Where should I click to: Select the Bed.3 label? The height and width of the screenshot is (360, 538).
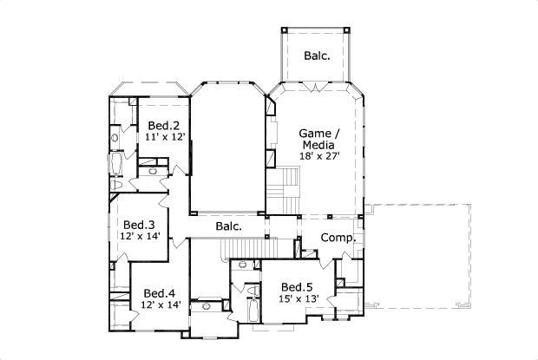click(138, 222)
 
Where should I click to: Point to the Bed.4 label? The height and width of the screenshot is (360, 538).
click(160, 292)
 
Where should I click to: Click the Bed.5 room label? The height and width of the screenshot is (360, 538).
click(297, 286)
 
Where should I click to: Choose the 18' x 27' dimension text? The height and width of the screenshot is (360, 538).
click(319, 157)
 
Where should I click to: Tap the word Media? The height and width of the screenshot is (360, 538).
click(319, 145)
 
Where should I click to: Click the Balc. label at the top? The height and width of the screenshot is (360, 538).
click(316, 56)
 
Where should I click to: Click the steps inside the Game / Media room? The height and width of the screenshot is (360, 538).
click(286, 183)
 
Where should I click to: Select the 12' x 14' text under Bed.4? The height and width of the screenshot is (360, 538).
click(160, 304)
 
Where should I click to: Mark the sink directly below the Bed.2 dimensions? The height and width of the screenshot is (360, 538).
click(154, 170)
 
